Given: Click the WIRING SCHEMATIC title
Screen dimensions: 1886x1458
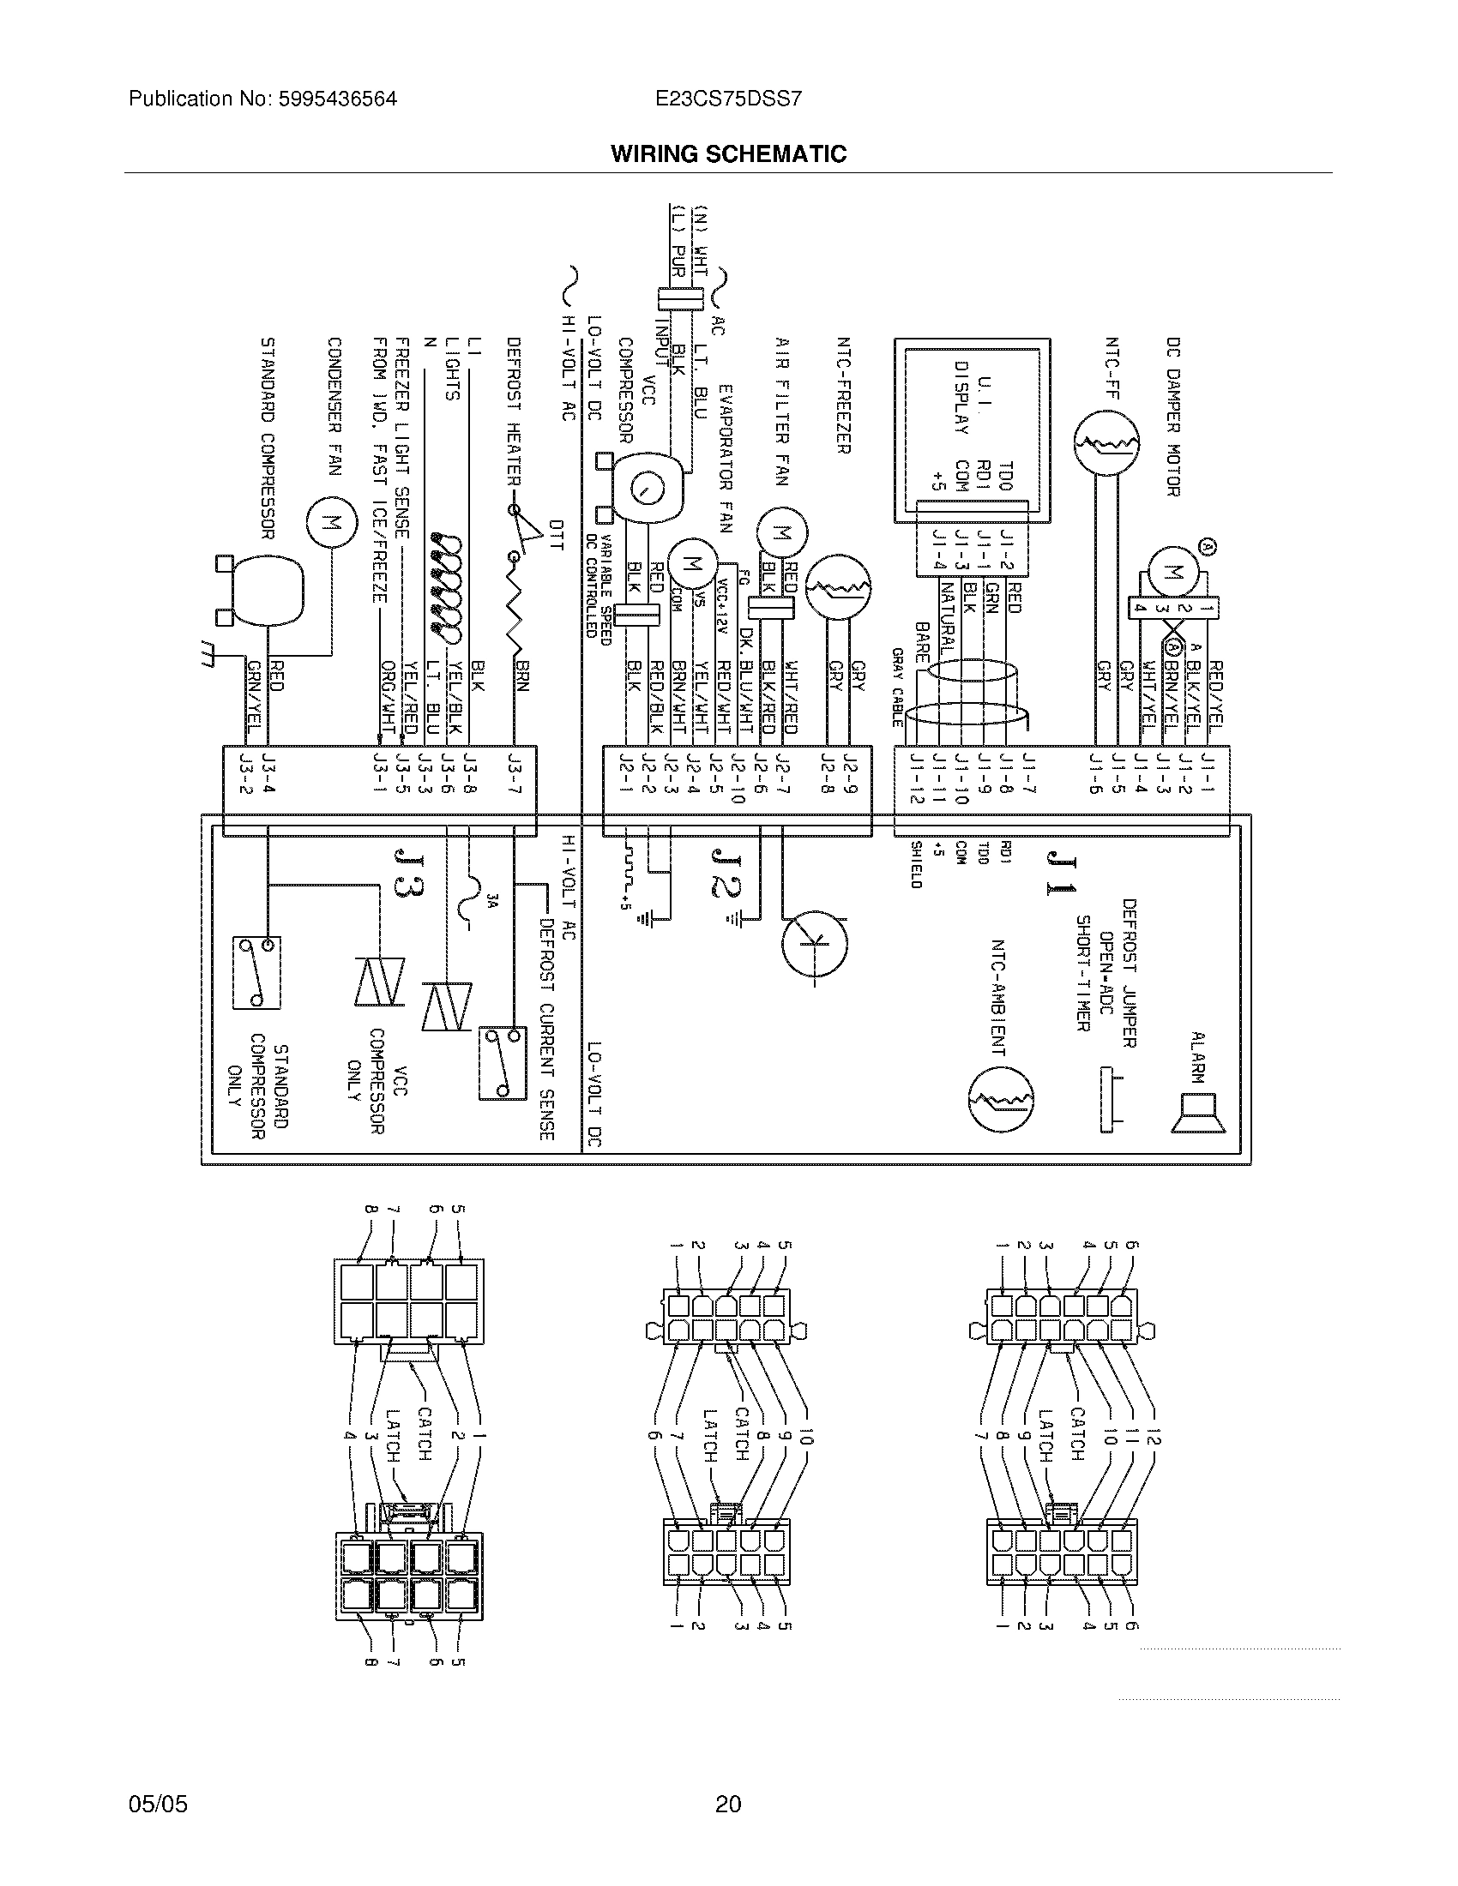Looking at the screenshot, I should [728, 154].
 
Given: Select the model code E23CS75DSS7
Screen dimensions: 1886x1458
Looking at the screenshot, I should [728, 99].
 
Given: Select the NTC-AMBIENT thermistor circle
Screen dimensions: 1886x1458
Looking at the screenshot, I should [1000, 1098].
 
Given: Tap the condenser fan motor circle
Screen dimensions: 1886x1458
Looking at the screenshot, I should [330, 522].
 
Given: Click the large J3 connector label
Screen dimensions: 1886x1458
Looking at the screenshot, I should [407, 873].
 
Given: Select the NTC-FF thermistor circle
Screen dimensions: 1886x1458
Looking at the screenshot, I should [1106, 444].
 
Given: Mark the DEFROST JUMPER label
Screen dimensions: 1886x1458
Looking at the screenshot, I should [1129, 973].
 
